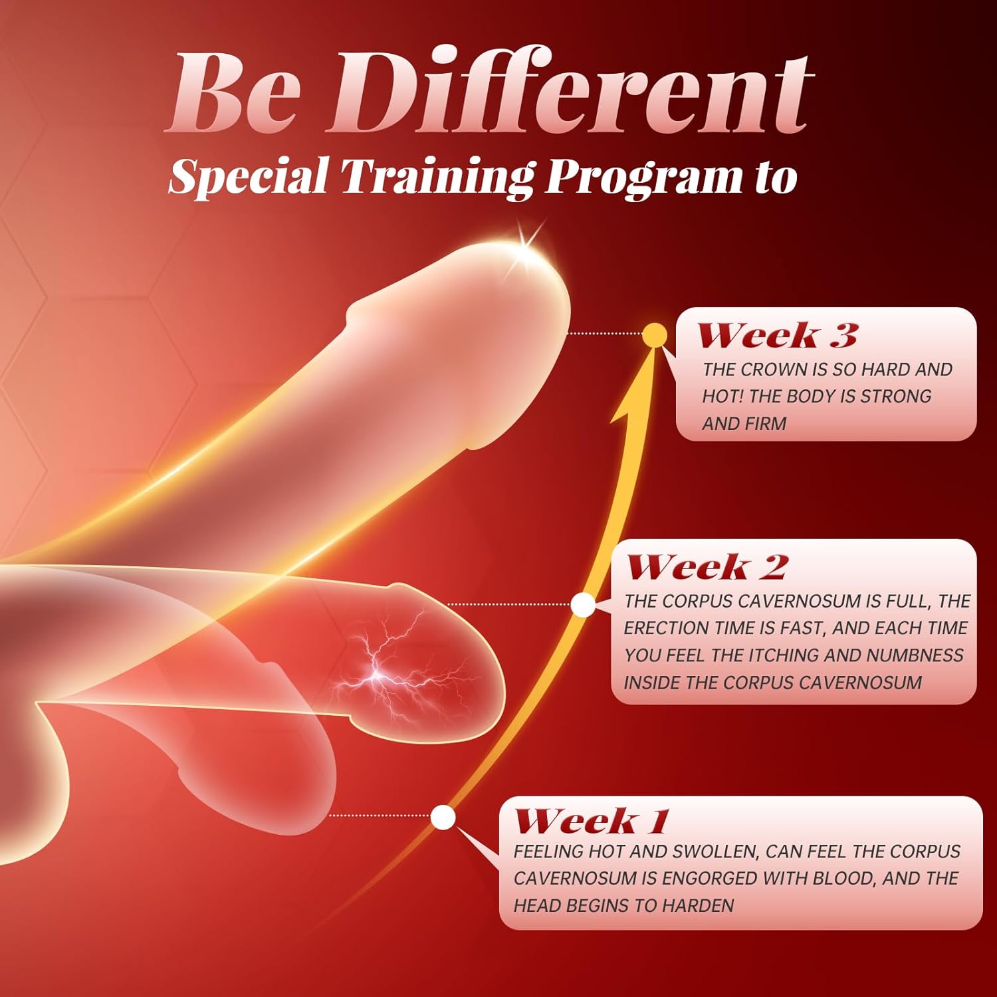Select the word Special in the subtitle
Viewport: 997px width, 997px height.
pyautogui.click(x=249, y=177)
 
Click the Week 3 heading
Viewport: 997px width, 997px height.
pyautogui.click(x=777, y=335)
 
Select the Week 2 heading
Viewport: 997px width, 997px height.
pyautogui.click(x=707, y=567)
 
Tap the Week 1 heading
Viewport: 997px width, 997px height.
pyautogui.click(x=592, y=820)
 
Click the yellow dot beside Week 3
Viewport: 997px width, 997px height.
pyautogui.click(x=655, y=335)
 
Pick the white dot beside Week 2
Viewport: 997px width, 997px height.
pyautogui.click(x=583, y=604)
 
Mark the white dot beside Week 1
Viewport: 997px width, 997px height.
pyautogui.click(x=443, y=818)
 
